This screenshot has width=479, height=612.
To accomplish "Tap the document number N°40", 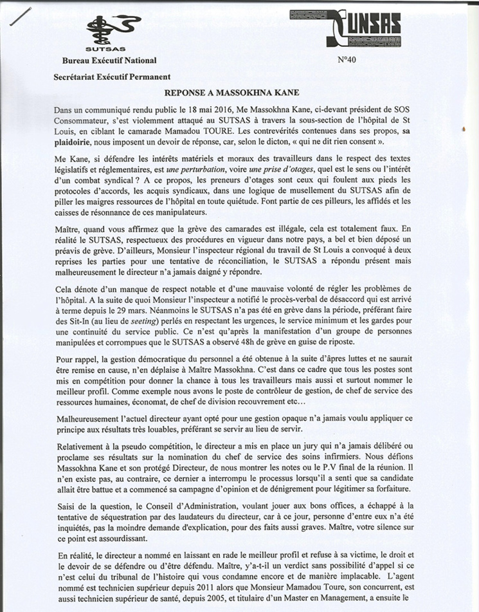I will tap(347, 60).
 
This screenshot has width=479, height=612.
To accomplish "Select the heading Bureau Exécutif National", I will tap(109, 60).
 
